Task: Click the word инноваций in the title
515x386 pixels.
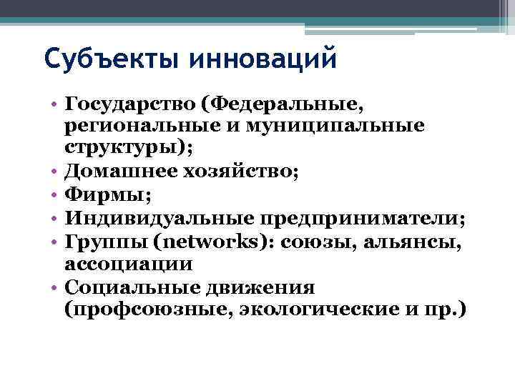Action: point(263,57)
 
